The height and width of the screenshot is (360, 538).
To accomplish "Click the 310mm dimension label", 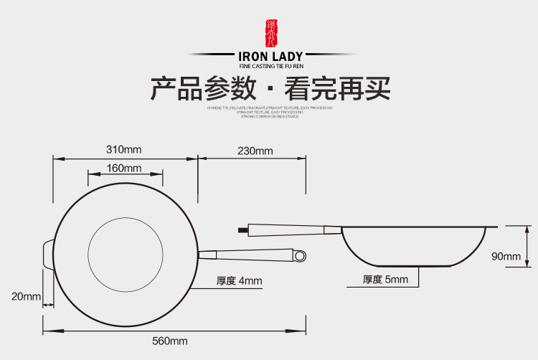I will click(x=124, y=150).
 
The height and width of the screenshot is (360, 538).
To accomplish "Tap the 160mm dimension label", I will click(x=124, y=168).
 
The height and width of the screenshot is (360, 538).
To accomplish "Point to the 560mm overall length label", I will click(x=169, y=341).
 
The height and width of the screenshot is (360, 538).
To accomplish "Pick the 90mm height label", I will click(x=506, y=257).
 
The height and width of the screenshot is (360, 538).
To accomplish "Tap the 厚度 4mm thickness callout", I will click(x=240, y=280).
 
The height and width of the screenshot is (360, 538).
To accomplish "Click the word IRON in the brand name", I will click(x=253, y=56).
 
